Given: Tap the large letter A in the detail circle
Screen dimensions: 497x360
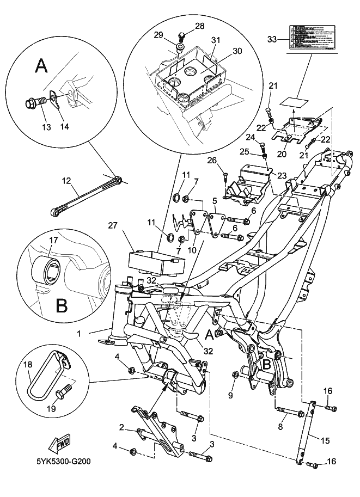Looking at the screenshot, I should pos(40,66).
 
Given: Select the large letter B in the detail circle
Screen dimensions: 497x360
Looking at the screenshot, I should pos(62,304).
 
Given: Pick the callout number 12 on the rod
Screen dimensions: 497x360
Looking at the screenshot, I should pos(66,180).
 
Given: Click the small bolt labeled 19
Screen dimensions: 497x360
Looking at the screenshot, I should pos(65,390).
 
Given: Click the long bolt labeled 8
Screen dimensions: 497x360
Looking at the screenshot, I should pos(290,412).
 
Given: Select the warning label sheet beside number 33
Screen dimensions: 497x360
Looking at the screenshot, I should pos(310,38).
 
